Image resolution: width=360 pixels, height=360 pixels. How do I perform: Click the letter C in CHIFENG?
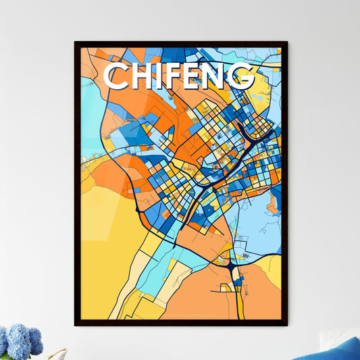click(117, 76)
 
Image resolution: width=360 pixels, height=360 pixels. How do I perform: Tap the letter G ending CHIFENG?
click(242, 76)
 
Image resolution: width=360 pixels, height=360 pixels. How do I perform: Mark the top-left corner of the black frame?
click(76, 43)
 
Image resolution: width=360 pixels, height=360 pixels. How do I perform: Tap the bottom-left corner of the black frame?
click(76, 325)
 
